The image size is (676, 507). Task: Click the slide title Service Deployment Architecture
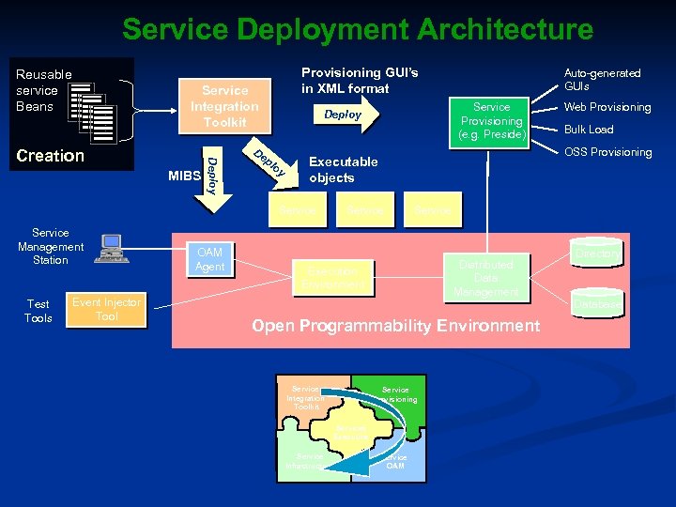pyautogui.click(x=357, y=29)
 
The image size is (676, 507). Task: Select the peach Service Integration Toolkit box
pyautogui.click(x=224, y=106)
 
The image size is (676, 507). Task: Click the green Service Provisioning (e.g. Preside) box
pyautogui.click(x=491, y=121)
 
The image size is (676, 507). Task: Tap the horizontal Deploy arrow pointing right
pyautogui.click(x=344, y=115)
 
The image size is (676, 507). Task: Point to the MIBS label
pyautogui.click(x=184, y=176)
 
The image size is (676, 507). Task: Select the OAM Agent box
pyautogui.click(x=209, y=260)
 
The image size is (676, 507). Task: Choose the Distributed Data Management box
pyautogui.click(x=486, y=278)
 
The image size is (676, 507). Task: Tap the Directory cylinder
pyautogui.click(x=597, y=253)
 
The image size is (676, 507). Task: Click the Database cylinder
pyautogui.click(x=597, y=303)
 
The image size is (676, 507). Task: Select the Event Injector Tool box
pyautogui.click(x=107, y=310)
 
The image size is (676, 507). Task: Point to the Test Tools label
pyautogui.click(x=38, y=311)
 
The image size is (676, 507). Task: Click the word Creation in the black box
pyautogui.click(x=50, y=156)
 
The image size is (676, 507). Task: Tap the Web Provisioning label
pyautogui.click(x=607, y=107)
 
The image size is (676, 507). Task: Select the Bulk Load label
pyautogui.click(x=588, y=130)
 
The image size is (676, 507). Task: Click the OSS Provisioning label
pyautogui.click(x=607, y=152)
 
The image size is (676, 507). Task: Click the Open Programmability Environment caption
pyautogui.click(x=395, y=326)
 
